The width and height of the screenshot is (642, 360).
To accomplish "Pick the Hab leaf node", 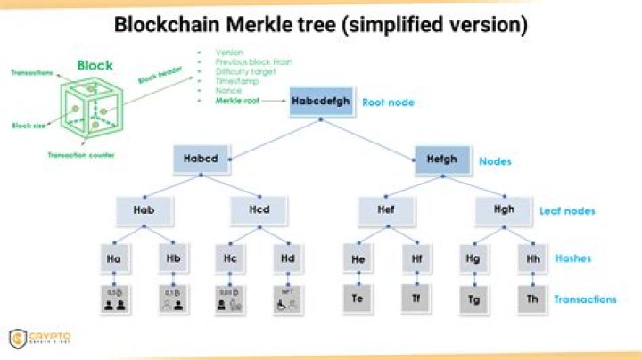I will click(x=143, y=210).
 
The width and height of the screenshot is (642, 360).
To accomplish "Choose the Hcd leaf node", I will click(x=259, y=210).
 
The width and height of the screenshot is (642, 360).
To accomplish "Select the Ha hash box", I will click(x=113, y=258).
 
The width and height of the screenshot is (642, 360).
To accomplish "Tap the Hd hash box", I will click(x=287, y=258).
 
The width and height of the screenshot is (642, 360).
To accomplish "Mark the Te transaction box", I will click(x=357, y=298).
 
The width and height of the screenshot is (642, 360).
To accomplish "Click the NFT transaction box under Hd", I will click(x=287, y=298).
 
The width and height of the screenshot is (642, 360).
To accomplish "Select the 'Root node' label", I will click(x=388, y=102).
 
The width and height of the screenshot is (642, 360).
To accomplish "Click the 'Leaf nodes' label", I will click(x=567, y=211).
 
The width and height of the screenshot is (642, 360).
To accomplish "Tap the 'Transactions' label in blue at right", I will click(x=584, y=299).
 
